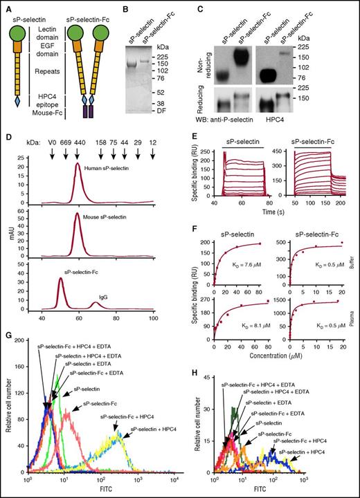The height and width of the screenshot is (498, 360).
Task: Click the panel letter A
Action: point(6,6)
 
